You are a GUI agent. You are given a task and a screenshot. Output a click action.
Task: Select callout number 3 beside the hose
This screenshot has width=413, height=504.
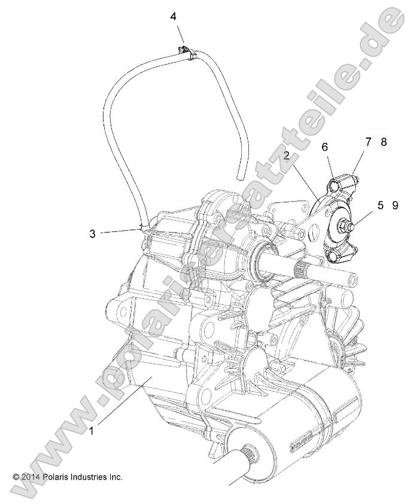coord(93,234)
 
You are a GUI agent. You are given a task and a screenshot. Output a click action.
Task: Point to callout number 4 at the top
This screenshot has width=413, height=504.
coord(173,17)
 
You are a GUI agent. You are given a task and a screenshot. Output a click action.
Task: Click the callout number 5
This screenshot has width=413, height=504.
coord(381,205)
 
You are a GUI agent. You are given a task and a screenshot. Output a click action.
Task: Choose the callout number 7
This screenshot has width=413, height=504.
coord(369,142)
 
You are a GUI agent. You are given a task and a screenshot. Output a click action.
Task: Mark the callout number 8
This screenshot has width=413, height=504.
coord(384,142)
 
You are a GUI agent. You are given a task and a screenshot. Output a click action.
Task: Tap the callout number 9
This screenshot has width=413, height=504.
coord(395,205)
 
